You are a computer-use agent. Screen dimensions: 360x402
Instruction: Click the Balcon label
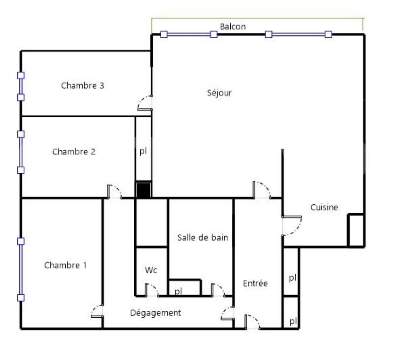(233, 27)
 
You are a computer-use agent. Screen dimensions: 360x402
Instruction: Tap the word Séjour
(219, 93)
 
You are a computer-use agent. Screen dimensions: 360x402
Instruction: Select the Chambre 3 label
(82, 85)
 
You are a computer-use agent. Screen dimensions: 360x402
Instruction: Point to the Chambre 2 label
(73, 152)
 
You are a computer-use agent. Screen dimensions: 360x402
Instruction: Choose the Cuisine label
(324, 207)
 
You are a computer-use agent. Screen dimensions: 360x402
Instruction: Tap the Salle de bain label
(202, 237)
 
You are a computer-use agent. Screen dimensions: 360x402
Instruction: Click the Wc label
(151, 270)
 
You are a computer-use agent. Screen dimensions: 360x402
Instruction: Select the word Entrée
(255, 283)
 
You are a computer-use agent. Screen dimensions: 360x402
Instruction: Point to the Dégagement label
(155, 313)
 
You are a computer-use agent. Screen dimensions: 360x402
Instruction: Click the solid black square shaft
(143, 190)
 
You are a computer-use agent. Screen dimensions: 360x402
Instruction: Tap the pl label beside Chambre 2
(143, 152)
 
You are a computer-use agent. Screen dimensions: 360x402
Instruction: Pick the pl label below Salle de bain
(178, 291)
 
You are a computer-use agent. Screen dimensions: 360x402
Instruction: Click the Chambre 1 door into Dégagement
(97, 311)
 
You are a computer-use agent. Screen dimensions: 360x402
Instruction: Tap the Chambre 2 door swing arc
(115, 192)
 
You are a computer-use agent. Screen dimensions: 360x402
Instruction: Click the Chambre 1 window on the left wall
(21, 269)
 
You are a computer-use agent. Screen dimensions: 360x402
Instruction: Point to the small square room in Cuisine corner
(355, 230)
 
